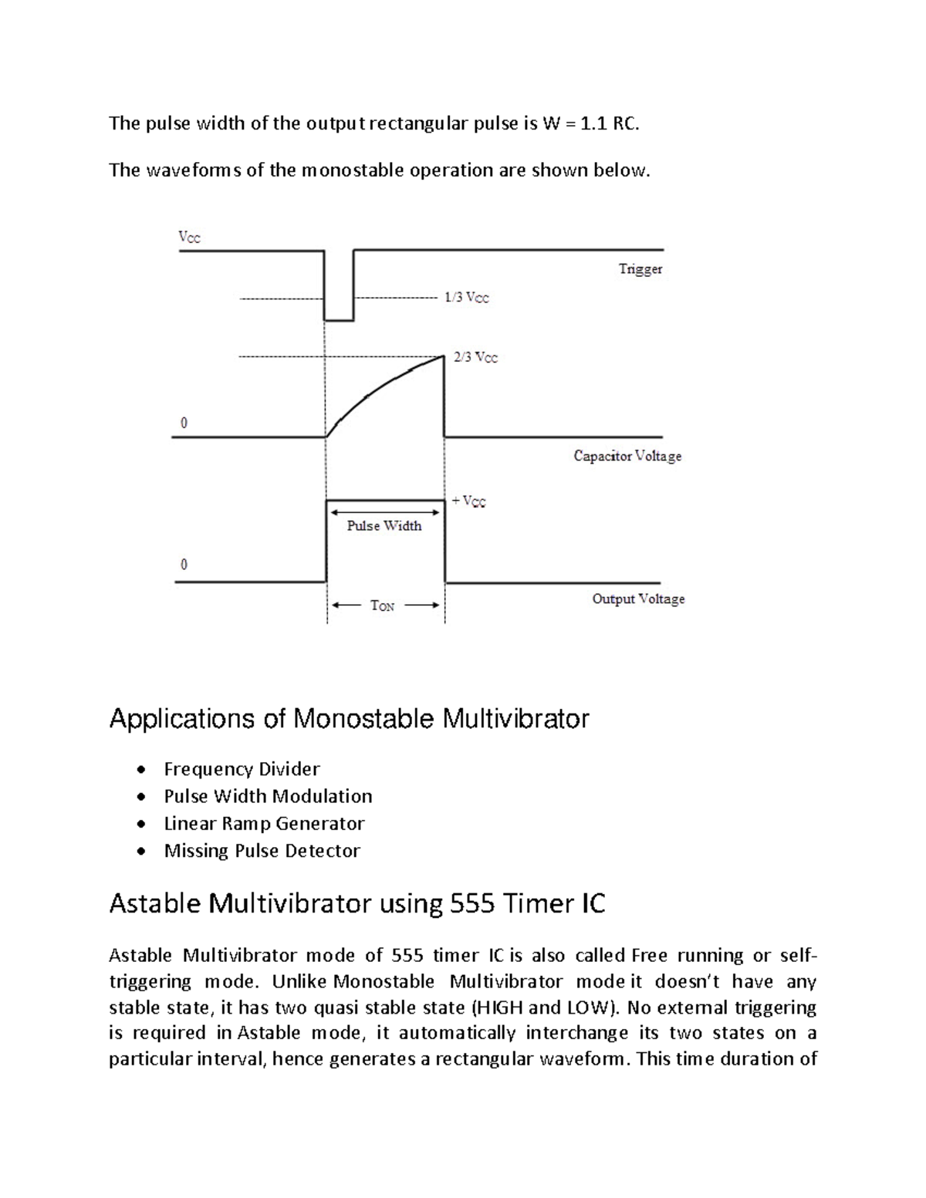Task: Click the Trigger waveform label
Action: pyautogui.click(x=640, y=269)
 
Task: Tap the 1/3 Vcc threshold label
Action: pyautogui.click(x=466, y=297)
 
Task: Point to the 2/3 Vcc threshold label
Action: pyautogui.click(x=475, y=357)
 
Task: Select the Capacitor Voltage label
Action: pyautogui.click(x=627, y=456)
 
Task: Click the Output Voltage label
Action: pyautogui.click(x=638, y=599)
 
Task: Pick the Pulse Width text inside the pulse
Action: pyautogui.click(x=384, y=526)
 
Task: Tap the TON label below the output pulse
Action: pyautogui.click(x=383, y=606)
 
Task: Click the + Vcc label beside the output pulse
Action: pyautogui.click(x=469, y=501)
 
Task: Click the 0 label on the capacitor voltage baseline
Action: pyautogui.click(x=184, y=424)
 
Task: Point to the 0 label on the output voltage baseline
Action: pyautogui.click(x=184, y=565)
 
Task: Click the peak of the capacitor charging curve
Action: pyautogui.click(x=443, y=356)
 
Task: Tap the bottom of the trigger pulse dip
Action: pyautogui.click(x=339, y=319)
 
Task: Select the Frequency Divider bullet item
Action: pyautogui.click(x=242, y=769)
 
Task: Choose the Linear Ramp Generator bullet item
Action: pyautogui.click(x=264, y=823)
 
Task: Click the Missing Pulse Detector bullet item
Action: pyautogui.click(x=262, y=851)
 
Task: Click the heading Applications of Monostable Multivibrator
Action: pyautogui.click(x=349, y=719)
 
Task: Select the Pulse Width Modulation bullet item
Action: pyautogui.click(x=268, y=796)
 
